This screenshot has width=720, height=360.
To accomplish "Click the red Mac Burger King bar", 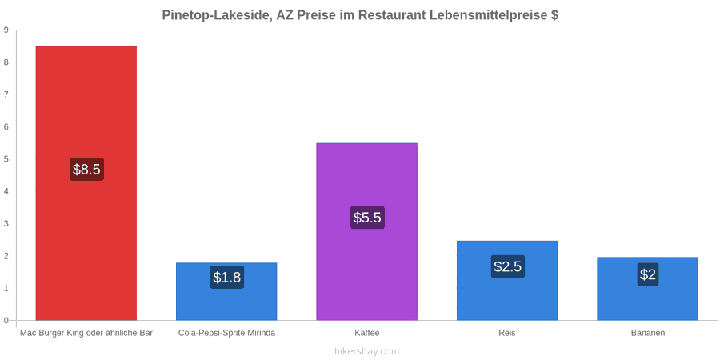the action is [86, 182].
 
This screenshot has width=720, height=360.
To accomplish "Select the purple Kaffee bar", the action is [367, 231].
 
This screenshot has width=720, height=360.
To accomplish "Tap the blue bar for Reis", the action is [507, 280].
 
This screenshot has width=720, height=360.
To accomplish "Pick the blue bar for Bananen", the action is [647, 288].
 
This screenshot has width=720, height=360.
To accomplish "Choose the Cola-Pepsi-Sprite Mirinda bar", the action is [226, 291].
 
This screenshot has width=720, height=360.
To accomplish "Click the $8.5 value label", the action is [86, 169].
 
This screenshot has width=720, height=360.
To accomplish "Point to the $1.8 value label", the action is [227, 278].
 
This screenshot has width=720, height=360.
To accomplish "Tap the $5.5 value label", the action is [367, 218].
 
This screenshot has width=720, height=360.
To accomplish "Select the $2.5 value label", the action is [507, 266].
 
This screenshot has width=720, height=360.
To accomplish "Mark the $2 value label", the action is [648, 274].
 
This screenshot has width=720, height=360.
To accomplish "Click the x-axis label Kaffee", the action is [367, 333].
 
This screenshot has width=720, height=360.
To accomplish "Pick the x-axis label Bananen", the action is [647, 333].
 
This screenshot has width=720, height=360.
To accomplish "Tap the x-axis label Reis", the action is [507, 333].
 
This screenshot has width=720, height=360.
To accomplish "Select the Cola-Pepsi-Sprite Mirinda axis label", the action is [227, 333].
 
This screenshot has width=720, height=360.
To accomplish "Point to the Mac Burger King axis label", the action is [86, 333].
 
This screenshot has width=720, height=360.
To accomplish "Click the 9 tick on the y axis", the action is [6, 30].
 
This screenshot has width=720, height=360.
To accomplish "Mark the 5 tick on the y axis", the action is [6, 159].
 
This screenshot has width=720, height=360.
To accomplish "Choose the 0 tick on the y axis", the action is [6, 321].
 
